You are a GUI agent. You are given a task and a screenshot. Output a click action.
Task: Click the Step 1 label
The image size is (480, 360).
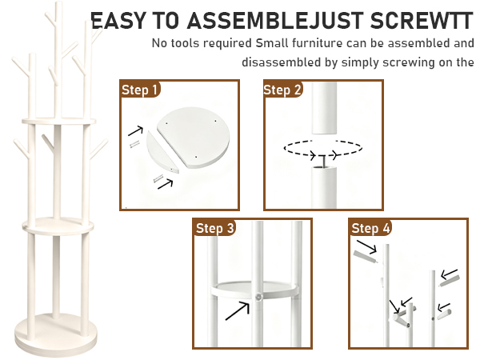coord(139,90)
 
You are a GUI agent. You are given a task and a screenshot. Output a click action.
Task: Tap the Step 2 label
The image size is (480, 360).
coord(282,90)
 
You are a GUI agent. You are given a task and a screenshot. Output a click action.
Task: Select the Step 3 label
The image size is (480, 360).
coord(215,228)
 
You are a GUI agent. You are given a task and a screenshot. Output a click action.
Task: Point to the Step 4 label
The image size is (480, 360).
coord(370,228)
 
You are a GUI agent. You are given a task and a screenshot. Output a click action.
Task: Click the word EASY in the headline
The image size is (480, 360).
coord(118,21)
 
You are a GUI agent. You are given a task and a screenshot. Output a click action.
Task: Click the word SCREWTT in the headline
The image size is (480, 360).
coord(422,21)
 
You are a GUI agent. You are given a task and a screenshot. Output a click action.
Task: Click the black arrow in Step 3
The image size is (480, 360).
coord(238,310)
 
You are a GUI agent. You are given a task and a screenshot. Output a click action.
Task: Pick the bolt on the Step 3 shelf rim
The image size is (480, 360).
coord(259,297)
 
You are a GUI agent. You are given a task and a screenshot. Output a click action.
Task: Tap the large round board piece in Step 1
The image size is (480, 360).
coord(194,137)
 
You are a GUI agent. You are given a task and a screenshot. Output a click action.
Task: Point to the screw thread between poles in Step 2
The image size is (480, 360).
coord(322,162)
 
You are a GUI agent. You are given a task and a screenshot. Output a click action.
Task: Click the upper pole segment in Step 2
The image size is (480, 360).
coord(324,107)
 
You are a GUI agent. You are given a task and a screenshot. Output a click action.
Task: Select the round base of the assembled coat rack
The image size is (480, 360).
coord(56,335)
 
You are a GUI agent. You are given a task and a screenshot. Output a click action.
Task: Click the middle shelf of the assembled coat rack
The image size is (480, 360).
coord(58,226)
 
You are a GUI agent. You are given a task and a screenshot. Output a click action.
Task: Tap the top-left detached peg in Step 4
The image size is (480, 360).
coord(366,257)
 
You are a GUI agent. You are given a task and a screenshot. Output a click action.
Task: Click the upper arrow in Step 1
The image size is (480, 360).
coord(136,130)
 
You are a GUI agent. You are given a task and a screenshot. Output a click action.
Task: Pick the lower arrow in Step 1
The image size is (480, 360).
coord(166,184)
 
